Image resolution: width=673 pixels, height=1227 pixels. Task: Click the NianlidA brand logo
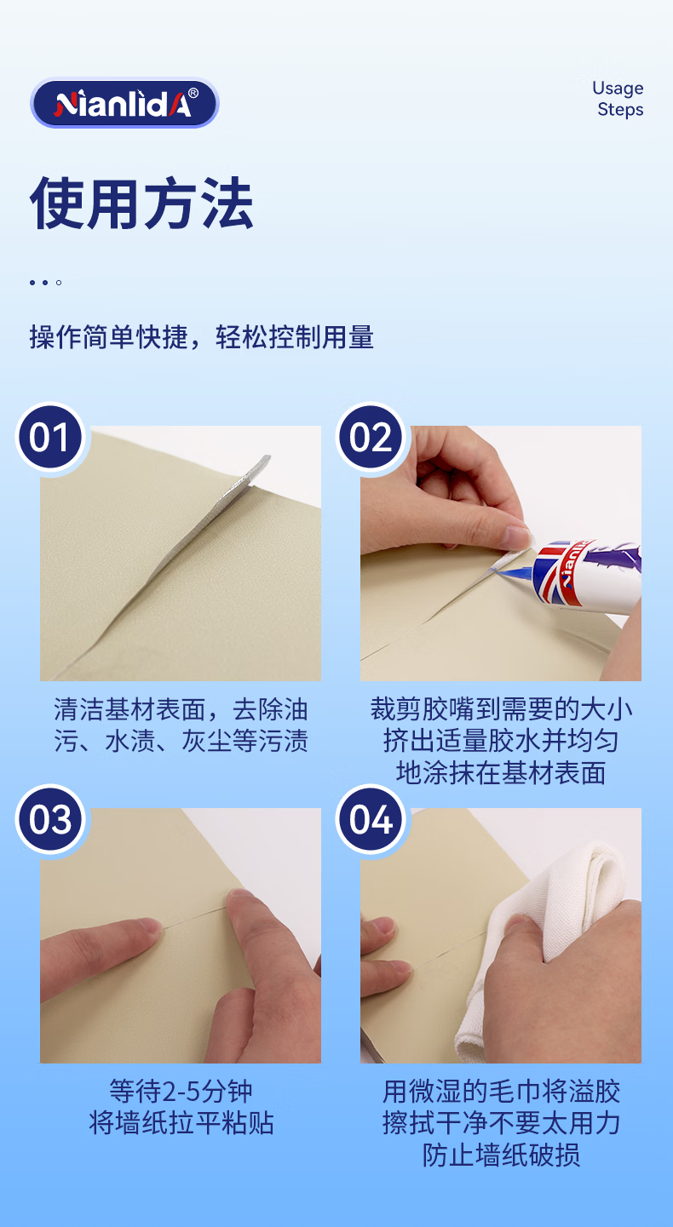point(125,104)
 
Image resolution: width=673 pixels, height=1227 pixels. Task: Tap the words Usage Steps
point(618,99)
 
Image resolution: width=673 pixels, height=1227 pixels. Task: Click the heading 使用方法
point(141,204)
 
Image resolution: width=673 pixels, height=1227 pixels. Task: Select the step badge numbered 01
point(50,437)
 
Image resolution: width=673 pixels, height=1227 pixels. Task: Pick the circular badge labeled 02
point(371,437)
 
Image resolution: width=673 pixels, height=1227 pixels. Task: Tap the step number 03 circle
point(50,819)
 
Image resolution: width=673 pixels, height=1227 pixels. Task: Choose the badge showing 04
point(371,819)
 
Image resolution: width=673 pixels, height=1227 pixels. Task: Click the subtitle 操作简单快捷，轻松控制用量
point(202,337)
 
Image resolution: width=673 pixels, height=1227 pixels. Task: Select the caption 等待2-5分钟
point(181,1091)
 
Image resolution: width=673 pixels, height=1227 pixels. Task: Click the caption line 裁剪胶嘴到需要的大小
point(501,709)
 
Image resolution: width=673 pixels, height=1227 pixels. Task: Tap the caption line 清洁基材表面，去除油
point(181,709)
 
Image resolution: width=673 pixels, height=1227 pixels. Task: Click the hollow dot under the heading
point(59,283)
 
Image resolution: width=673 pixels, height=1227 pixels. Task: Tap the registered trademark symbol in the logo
point(193,93)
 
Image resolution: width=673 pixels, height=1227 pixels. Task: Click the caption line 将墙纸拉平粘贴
point(181,1123)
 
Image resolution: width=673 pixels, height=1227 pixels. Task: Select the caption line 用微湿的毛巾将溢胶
point(501,1091)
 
